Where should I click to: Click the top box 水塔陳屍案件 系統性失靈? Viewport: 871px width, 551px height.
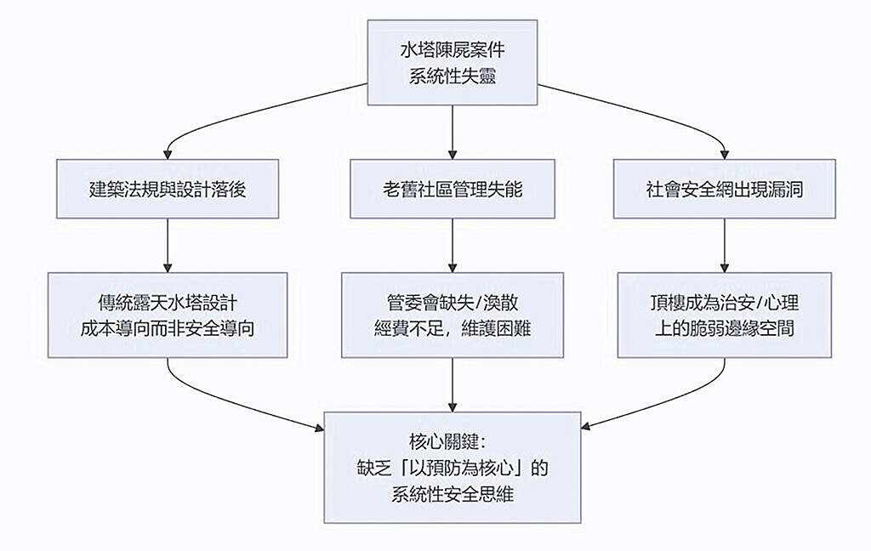[x=452, y=63]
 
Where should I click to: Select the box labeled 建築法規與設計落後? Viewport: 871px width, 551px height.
[x=168, y=189]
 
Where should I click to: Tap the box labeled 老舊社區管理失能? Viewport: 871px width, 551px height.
[x=452, y=189]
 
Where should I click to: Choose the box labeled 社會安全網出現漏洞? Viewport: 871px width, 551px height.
[x=723, y=189]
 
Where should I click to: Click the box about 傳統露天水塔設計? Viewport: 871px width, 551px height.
[x=168, y=315]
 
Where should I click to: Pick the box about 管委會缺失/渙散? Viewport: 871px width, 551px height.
[x=452, y=315]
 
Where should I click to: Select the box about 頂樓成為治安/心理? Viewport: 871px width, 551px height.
[x=723, y=315]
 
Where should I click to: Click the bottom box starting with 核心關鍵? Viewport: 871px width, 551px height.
[x=452, y=467]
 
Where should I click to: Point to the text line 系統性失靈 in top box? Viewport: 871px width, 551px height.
[x=452, y=76]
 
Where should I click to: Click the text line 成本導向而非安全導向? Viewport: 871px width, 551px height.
[x=168, y=328]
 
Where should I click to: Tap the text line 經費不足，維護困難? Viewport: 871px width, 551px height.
[x=452, y=328]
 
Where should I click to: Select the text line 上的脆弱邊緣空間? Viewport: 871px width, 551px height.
[x=723, y=328]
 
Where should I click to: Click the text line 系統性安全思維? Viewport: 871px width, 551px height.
[x=452, y=493]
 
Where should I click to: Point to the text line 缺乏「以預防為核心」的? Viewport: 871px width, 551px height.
[x=452, y=468]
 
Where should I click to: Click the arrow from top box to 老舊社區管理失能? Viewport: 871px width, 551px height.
[x=452, y=133]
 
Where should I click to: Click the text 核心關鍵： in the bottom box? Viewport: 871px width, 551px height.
[x=452, y=442]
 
